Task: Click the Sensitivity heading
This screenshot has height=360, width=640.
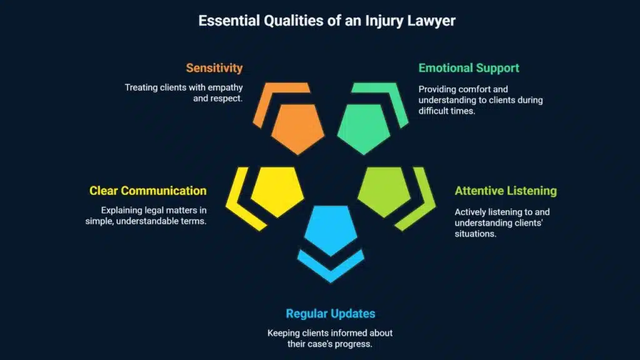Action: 214,67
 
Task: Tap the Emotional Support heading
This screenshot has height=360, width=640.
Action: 469,67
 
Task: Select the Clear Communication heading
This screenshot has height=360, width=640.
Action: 147,191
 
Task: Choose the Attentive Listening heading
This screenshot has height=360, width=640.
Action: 506,191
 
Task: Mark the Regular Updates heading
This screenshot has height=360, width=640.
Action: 330,313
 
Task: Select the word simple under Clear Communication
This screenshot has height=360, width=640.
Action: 99,221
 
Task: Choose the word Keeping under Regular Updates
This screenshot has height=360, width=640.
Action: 284,332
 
